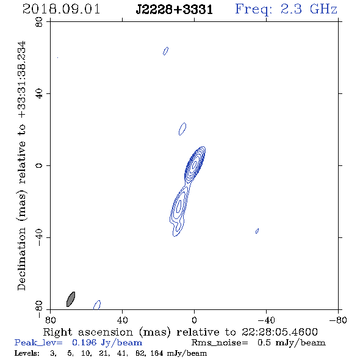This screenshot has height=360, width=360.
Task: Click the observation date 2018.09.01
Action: tap(61, 9)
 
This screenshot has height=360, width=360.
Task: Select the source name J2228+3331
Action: tap(175, 10)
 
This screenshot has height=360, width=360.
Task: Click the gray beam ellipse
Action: tap(71, 299)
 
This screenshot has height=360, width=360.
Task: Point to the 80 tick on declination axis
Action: tap(39, 22)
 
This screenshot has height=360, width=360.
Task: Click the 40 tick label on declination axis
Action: tap(39, 94)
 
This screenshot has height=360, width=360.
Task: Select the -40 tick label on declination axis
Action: tap(39, 237)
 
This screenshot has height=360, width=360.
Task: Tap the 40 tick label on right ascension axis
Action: tap(122, 320)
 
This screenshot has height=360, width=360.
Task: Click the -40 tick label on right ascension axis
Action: tap(266, 320)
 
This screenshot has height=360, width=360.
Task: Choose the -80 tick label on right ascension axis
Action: tap(338, 320)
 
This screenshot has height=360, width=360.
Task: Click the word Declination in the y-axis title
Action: tap(21, 259)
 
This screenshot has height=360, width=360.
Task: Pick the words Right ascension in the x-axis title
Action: tap(88, 332)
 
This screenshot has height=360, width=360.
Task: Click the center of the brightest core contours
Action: tap(195, 164)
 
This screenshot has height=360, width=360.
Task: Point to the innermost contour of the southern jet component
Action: tap(179, 206)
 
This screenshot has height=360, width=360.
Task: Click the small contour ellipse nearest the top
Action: tap(165, 51)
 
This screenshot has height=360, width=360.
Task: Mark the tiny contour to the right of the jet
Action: tap(257, 231)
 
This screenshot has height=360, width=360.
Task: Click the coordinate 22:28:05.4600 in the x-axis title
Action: tap(279, 332)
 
